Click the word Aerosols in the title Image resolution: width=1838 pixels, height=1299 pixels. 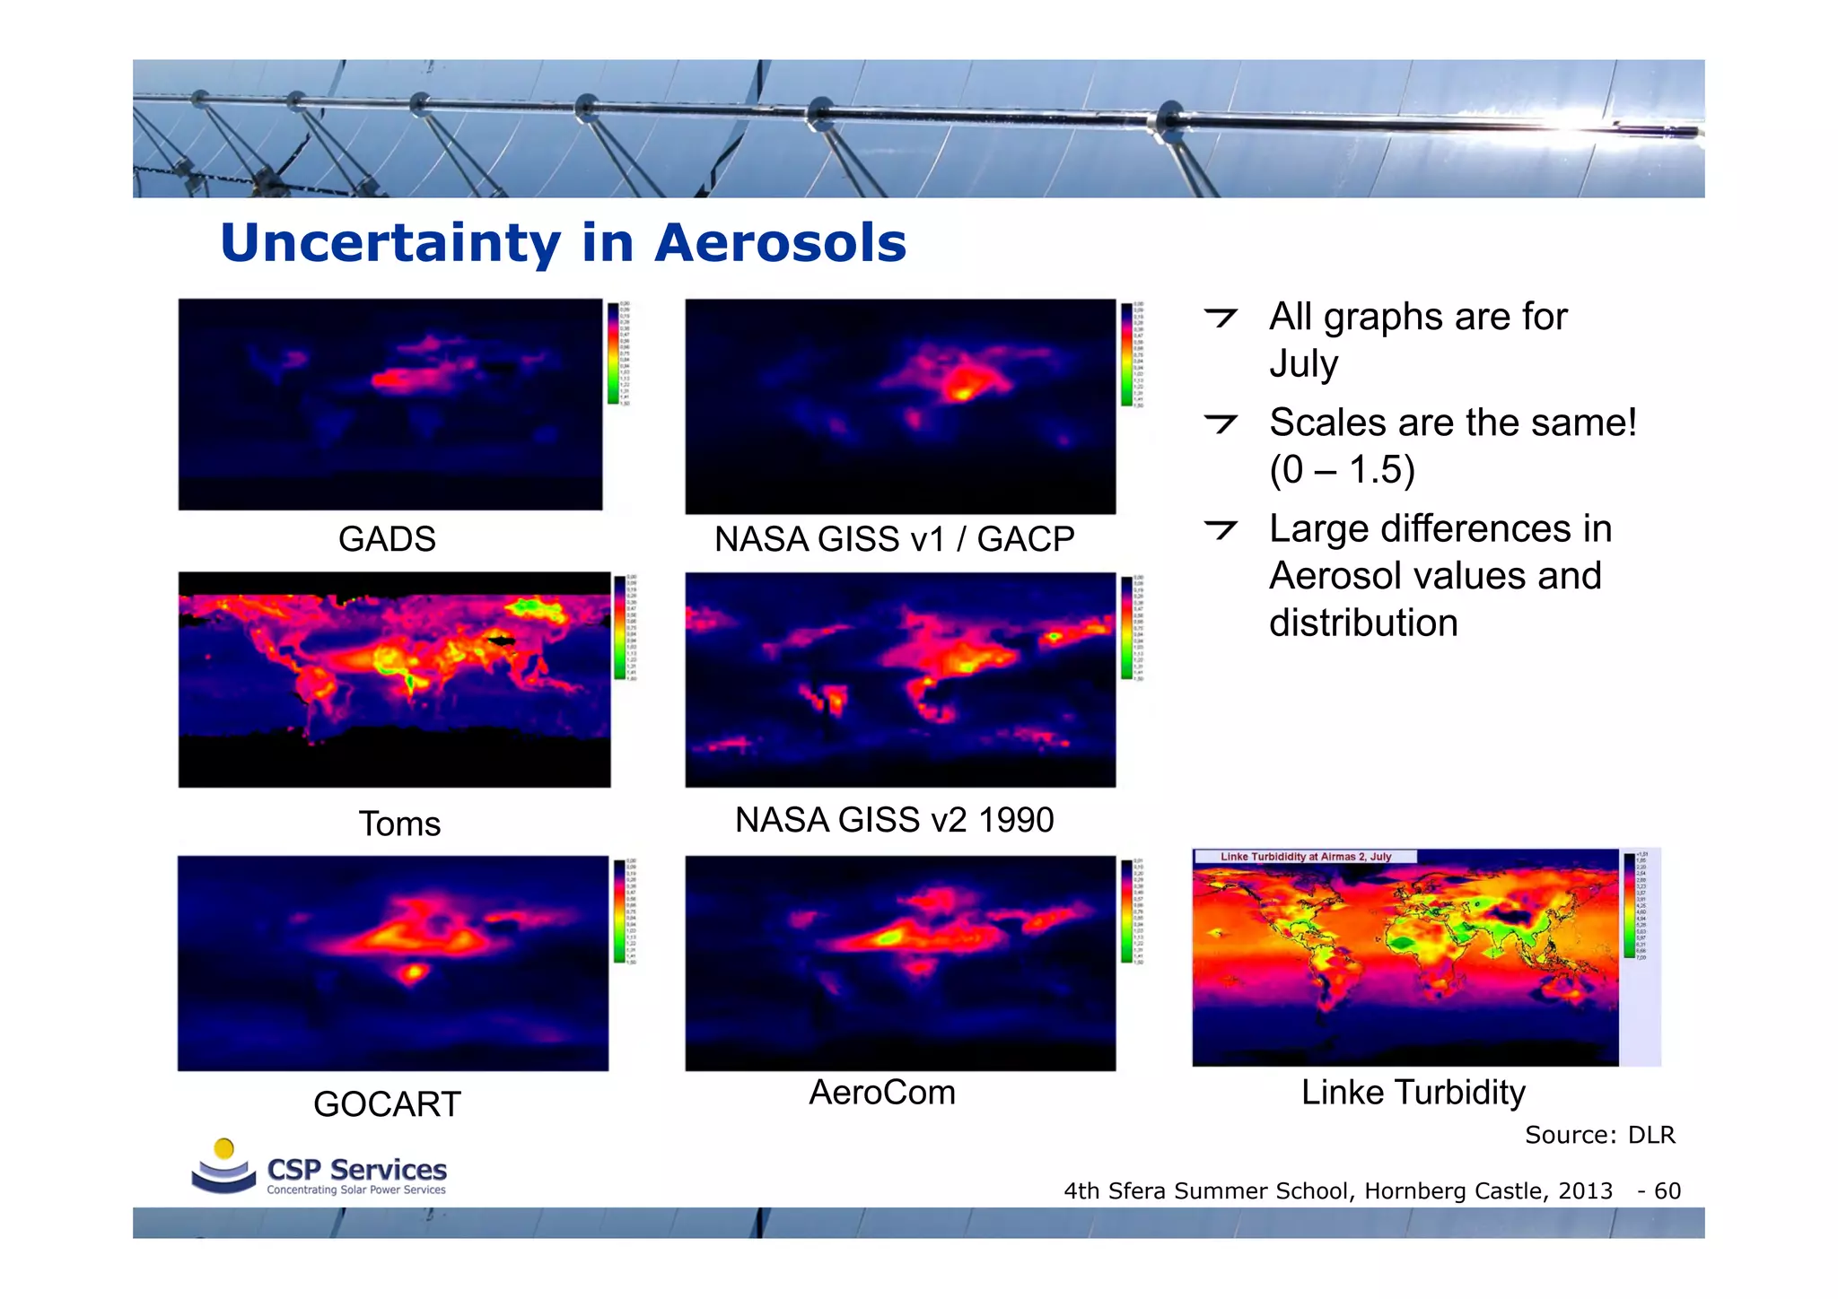[x=780, y=243]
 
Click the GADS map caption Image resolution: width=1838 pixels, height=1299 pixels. [x=387, y=539]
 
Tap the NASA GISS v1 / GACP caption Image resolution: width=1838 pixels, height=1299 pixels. [x=894, y=539]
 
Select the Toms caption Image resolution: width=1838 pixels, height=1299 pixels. [x=399, y=824]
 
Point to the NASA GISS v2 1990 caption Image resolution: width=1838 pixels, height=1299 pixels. [x=894, y=820]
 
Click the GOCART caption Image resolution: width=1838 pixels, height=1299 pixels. [x=387, y=1104]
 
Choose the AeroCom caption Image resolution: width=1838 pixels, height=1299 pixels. [x=882, y=1093]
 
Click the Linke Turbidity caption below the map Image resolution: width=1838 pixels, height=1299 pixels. [x=1414, y=1093]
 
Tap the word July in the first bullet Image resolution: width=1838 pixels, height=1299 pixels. [x=1303, y=364]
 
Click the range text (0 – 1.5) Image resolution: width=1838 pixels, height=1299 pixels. [x=1342, y=470]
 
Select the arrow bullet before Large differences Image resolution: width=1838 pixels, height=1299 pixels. [x=1221, y=529]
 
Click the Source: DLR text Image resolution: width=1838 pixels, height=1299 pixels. [x=1599, y=1135]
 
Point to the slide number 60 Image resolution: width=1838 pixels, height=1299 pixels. [x=1667, y=1191]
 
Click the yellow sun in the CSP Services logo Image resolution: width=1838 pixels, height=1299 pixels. [x=224, y=1148]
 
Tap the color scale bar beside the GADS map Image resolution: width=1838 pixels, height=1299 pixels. [x=614, y=353]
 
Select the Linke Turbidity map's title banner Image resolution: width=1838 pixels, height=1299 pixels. [x=1305, y=857]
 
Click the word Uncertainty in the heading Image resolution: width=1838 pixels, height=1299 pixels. [x=390, y=243]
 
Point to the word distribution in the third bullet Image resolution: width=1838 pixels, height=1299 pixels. [x=1363, y=623]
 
